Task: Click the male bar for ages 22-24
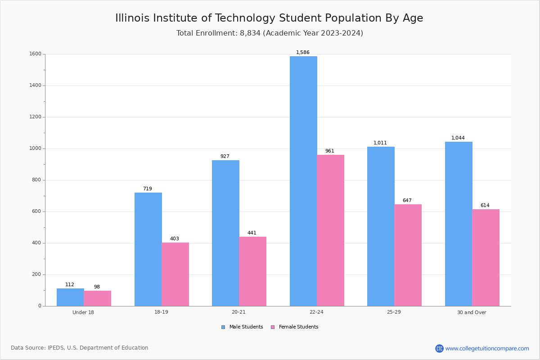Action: (x=303, y=181)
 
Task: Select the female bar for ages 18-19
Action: (x=175, y=274)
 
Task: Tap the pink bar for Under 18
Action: (x=97, y=298)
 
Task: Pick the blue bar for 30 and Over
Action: (x=459, y=224)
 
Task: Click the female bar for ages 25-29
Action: (x=408, y=255)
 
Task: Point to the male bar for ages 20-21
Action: (x=225, y=233)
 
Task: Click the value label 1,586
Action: (x=303, y=52)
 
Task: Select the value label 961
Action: (x=330, y=151)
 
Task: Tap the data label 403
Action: (x=175, y=238)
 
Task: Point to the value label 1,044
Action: (x=458, y=138)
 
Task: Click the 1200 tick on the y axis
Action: (x=35, y=117)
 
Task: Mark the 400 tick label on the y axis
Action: (x=36, y=243)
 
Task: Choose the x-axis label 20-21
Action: (x=238, y=312)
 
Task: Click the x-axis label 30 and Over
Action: (x=472, y=312)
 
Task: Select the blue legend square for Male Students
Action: (x=223, y=327)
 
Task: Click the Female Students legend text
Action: (x=298, y=327)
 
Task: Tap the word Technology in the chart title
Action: (x=245, y=18)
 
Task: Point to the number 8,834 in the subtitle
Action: (x=250, y=33)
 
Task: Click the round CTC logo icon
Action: (x=439, y=348)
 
